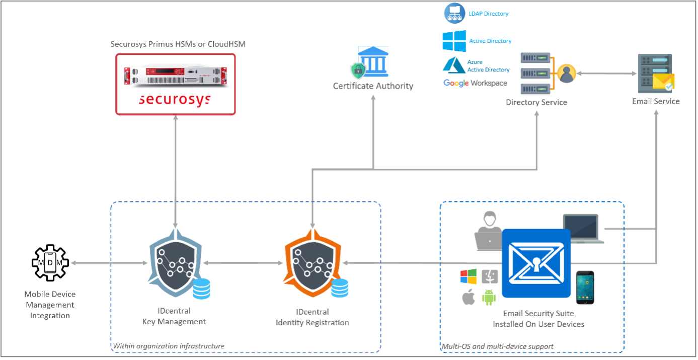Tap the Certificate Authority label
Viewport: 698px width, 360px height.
tap(373, 86)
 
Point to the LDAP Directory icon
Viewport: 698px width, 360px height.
tap(454, 13)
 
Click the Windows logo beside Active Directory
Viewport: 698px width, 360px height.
tap(454, 41)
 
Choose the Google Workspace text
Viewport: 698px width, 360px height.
tap(476, 83)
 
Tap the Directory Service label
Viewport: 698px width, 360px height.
tap(536, 102)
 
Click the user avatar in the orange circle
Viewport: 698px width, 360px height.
tap(567, 74)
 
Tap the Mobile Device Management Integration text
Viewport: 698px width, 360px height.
tap(50, 305)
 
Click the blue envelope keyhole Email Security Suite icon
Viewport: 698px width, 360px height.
tap(536, 262)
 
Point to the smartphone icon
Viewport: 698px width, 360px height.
tap(585, 287)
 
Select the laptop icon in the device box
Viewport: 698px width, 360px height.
tap(583, 228)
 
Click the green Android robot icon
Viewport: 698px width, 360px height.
tap(489, 297)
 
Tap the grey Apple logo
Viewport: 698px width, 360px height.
tap(469, 297)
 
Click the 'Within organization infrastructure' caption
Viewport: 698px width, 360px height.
tap(168, 346)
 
